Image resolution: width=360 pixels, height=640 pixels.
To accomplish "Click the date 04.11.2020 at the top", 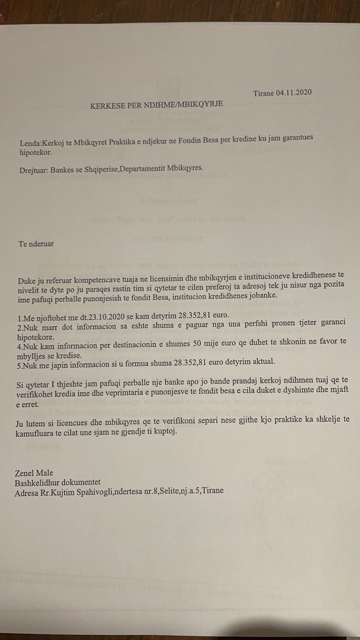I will pos(294,93).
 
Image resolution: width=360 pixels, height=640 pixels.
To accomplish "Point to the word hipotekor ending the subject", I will pos(35,152).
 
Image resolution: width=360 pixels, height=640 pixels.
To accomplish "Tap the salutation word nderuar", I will pos(41,244).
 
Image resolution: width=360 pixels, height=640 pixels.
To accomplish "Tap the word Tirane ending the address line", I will pos(212,490).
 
